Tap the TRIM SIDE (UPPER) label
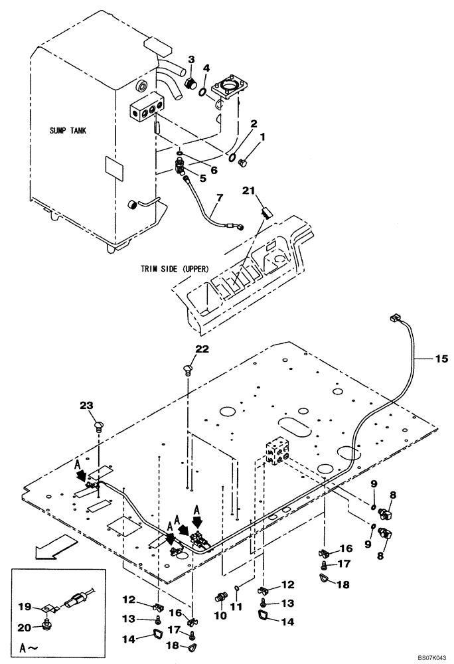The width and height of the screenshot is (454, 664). click(175, 269)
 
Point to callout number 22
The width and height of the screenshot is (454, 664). click(202, 349)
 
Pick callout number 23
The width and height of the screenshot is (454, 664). click(87, 406)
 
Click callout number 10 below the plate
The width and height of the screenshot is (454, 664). click(220, 615)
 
